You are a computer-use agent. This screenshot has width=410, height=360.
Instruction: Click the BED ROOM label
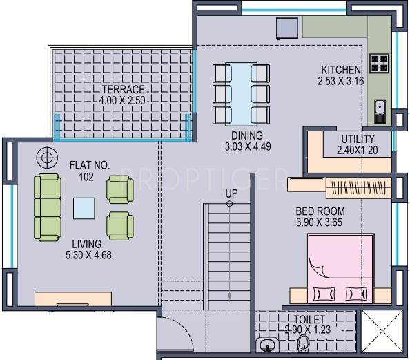(x=320, y=211)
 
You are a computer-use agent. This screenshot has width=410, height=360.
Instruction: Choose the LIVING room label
(x=86, y=244)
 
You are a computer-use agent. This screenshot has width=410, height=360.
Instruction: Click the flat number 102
(x=86, y=177)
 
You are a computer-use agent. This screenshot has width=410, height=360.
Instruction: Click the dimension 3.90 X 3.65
(x=320, y=222)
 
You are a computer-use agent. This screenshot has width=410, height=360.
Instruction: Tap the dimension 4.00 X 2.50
(x=122, y=101)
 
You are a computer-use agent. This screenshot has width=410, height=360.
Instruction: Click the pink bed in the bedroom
(x=340, y=269)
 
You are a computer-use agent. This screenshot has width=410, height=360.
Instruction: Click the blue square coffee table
(x=86, y=207)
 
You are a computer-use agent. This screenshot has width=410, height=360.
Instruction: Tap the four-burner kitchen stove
(x=379, y=64)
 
